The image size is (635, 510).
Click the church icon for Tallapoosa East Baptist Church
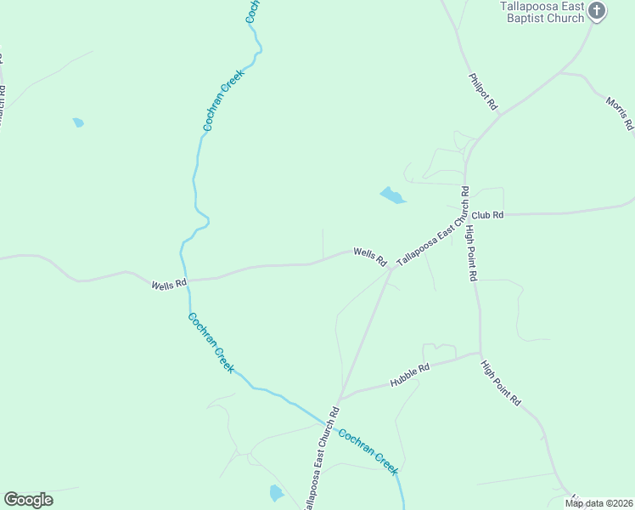coord(597,11)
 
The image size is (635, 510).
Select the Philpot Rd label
coord(482,92)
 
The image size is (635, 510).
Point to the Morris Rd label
coord(620,113)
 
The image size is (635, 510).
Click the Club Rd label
coord(488,216)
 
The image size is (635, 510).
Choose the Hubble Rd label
coord(410,375)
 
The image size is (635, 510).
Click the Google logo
coord(28,500)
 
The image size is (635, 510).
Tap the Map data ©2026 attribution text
coord(598,503)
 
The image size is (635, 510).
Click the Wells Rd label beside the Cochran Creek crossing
coord(168,286)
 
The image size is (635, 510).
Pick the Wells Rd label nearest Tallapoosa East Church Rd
coord(369,254)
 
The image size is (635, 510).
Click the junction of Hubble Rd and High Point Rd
coord(480,354)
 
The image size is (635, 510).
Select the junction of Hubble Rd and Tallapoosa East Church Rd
coord(340,398)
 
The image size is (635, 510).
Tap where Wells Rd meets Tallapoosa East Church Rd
coord(391,270)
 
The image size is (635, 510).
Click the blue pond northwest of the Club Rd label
coord(392,196)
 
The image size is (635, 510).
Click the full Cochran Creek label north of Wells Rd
coord(223,99)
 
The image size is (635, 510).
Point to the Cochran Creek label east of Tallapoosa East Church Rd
coord(368,450)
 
